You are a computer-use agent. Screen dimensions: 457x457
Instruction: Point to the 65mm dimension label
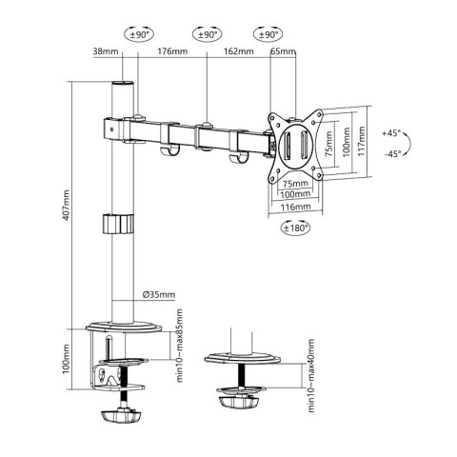[282, 51]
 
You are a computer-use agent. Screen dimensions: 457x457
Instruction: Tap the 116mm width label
[296, 206]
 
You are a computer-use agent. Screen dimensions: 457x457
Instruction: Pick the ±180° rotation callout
[296, 228]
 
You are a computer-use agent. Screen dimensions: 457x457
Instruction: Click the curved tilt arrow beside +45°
[407, 143]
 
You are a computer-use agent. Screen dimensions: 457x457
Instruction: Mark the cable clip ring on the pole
[115, 226]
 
